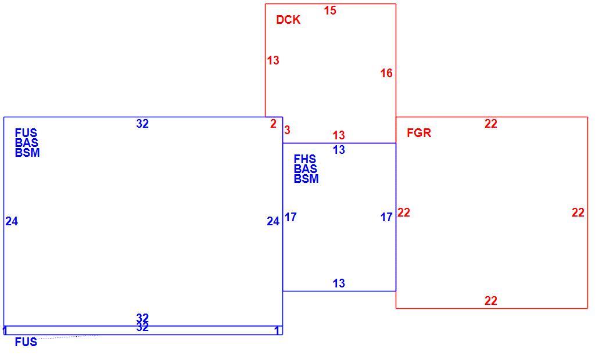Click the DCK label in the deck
[288, 20]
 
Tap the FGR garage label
[419, 133]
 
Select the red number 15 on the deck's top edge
[330, 10]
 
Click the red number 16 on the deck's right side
[386, 73]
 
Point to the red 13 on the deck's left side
[273, 60]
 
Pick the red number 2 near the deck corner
[273, 124]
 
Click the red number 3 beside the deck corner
[288, 129]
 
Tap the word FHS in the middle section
[305, 159]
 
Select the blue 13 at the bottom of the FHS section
[339, 283]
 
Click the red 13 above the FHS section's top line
[339, 135]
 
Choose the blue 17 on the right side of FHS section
[386, 217]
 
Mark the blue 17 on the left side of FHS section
[291, 217]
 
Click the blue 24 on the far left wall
[12, 221]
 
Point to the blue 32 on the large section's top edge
[142, 124]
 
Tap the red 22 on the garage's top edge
[490, 124]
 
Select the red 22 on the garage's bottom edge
[490, 301]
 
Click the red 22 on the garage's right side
[578, 213]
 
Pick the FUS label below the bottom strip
[26, 342]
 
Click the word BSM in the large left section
[27, 153]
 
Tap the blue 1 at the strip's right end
[277, 331]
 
